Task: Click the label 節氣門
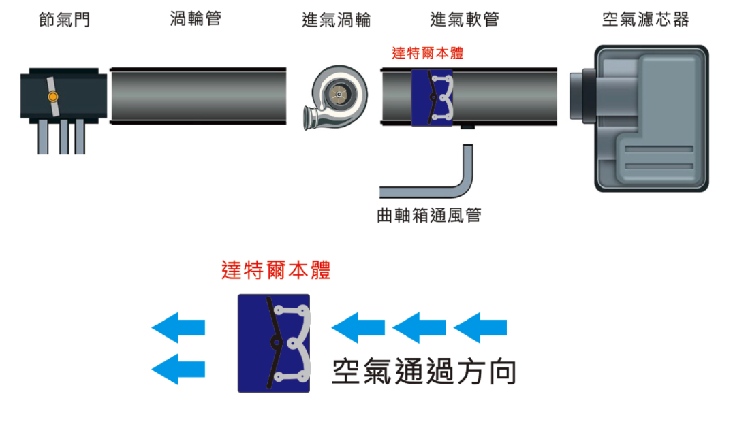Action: point(65,20)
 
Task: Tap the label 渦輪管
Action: point(196,18)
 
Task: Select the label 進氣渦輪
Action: point(336,20)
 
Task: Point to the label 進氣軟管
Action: point(464,19)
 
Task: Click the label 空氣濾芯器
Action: point(646,19)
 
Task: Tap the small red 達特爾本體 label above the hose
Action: point(427,53)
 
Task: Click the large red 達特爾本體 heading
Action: point(276,270)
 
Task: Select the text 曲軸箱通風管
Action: point(429,215)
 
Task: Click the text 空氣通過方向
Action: point(424,372)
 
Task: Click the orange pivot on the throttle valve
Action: point(53,97)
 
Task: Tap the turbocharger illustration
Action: point(335,97)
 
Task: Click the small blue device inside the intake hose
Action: point(432,97)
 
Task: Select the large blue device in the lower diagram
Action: point(273,344)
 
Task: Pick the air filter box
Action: point(640,118)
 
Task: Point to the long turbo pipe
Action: point(198,96)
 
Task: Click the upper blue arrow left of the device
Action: point(178,327)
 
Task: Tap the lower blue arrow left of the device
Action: point(178,369)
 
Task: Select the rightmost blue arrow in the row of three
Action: point(480,327)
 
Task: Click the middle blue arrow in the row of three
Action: point(419,327)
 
